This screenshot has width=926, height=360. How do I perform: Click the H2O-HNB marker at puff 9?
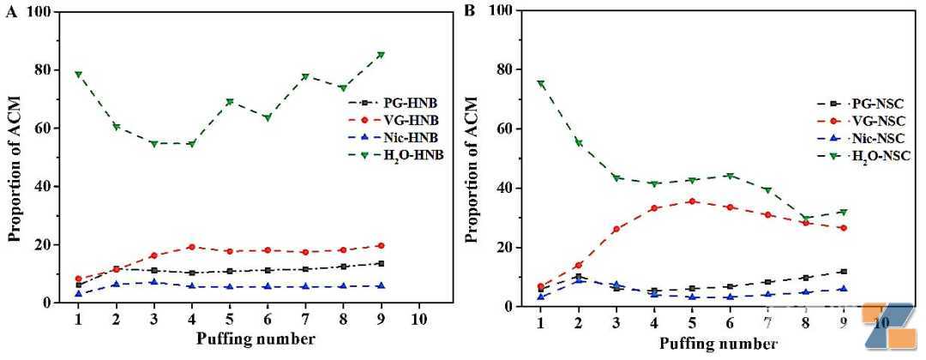(381, 54)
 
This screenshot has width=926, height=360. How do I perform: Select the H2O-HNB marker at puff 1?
(78, 74)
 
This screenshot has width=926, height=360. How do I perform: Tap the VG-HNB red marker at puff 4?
(191, 247)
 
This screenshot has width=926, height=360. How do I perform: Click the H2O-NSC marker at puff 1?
(540, 83)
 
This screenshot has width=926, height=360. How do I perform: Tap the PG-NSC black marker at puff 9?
(844, 272)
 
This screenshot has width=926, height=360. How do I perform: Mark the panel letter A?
(11, 12)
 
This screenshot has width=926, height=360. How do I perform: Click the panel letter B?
(471, 12)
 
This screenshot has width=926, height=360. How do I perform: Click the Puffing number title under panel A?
(248, 339)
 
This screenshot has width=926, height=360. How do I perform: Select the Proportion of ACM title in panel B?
(472, 159)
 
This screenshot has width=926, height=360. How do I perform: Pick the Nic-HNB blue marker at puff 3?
(153, 282)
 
